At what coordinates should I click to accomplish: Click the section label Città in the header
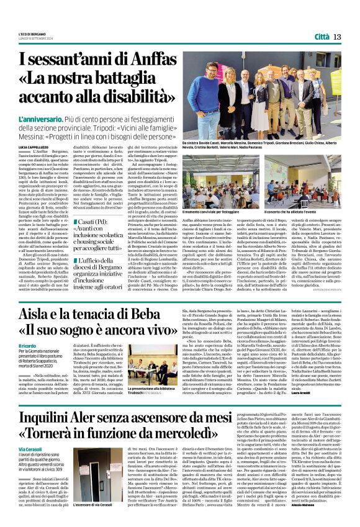pyautogui.click(x=321, y=37)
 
